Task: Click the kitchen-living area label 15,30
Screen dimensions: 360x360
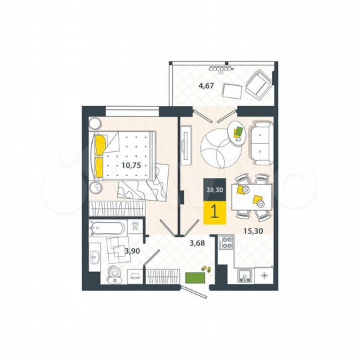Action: tap(251, 231)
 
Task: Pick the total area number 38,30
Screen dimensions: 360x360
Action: tap(214, 189)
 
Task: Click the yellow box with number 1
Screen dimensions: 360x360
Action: tap(214, 211)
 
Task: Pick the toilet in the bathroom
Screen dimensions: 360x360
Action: tap(115, 273)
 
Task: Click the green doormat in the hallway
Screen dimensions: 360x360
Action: tap(195, 275)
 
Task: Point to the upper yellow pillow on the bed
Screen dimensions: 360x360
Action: tap(101, 144)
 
